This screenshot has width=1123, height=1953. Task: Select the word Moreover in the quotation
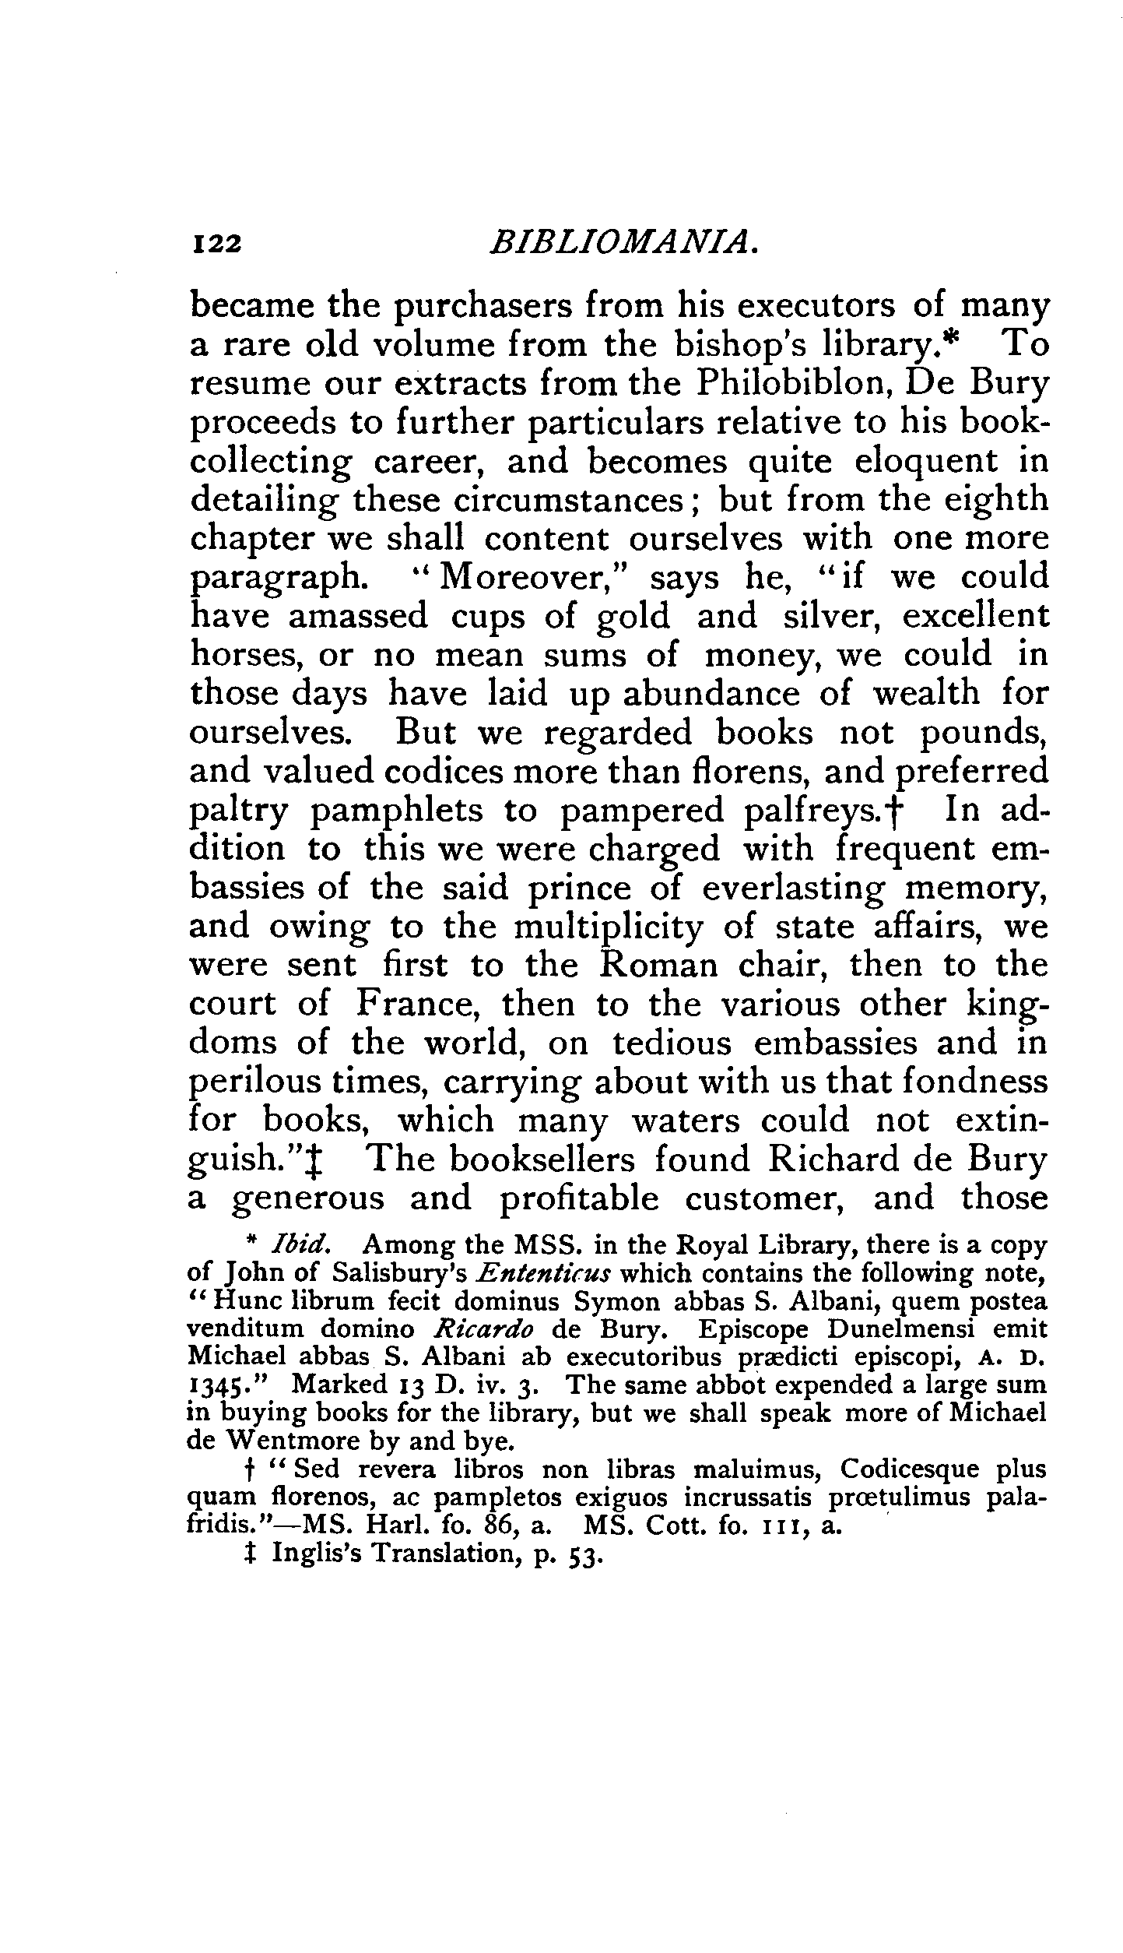pyautogui.click(x=530, y=579)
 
